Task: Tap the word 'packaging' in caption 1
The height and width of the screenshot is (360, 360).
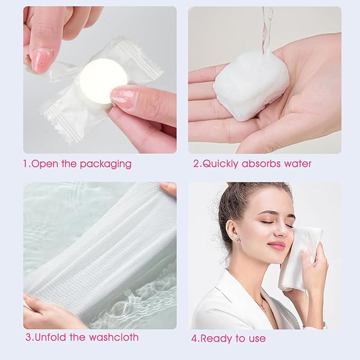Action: point(106,164)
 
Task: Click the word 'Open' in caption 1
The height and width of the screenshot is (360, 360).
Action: point(45,164)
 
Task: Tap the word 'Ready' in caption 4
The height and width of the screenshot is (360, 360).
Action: point(217,338)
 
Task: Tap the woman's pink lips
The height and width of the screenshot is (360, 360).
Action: point(276,245)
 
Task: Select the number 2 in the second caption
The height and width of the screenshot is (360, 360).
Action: point(196,164)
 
